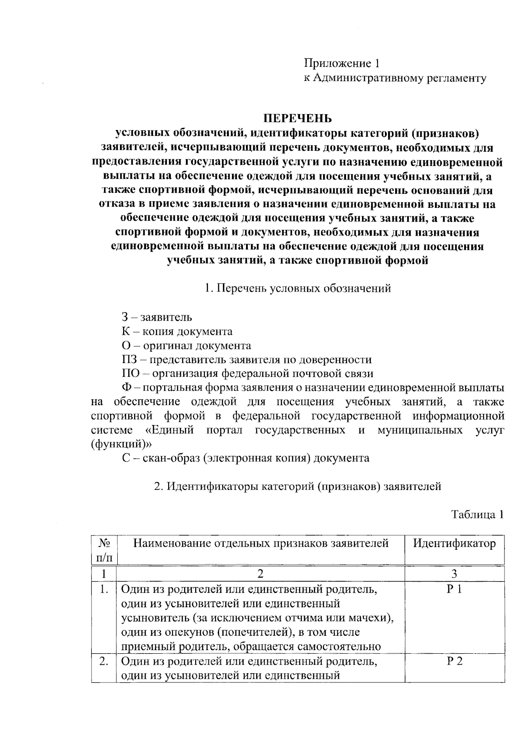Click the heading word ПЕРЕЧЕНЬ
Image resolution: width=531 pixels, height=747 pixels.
coord(297,119)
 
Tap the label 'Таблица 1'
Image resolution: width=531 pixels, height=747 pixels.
coord(477,514)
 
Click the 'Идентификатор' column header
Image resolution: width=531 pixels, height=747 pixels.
coord(454,543)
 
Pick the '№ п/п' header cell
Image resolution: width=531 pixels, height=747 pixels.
coord(104,550)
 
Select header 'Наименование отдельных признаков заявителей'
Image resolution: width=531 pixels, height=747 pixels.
coord(261,543)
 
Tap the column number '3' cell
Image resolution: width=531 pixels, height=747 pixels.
coord(454,574)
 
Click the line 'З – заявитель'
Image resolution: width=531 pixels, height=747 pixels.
coord(157,317)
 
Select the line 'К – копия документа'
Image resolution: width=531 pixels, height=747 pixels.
coord(177,331)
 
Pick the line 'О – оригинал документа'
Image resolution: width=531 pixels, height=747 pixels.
coord(186,345)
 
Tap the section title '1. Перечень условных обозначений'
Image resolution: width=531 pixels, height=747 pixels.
coord(298,288)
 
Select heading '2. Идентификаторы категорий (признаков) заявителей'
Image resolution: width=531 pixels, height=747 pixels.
coord(297,486)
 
